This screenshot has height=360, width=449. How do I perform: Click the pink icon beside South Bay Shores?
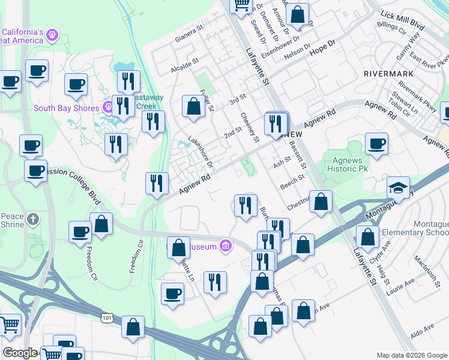[x=109, y=108]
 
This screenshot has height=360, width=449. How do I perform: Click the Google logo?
[x=19, y=353]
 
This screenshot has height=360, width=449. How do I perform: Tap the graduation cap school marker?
[x=399, y=188]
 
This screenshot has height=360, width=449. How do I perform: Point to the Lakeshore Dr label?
[x=200, y=151]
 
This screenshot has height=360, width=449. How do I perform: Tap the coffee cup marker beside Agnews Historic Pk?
[x=376, y=144]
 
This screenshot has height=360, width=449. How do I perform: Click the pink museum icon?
[x=226, y=245]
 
